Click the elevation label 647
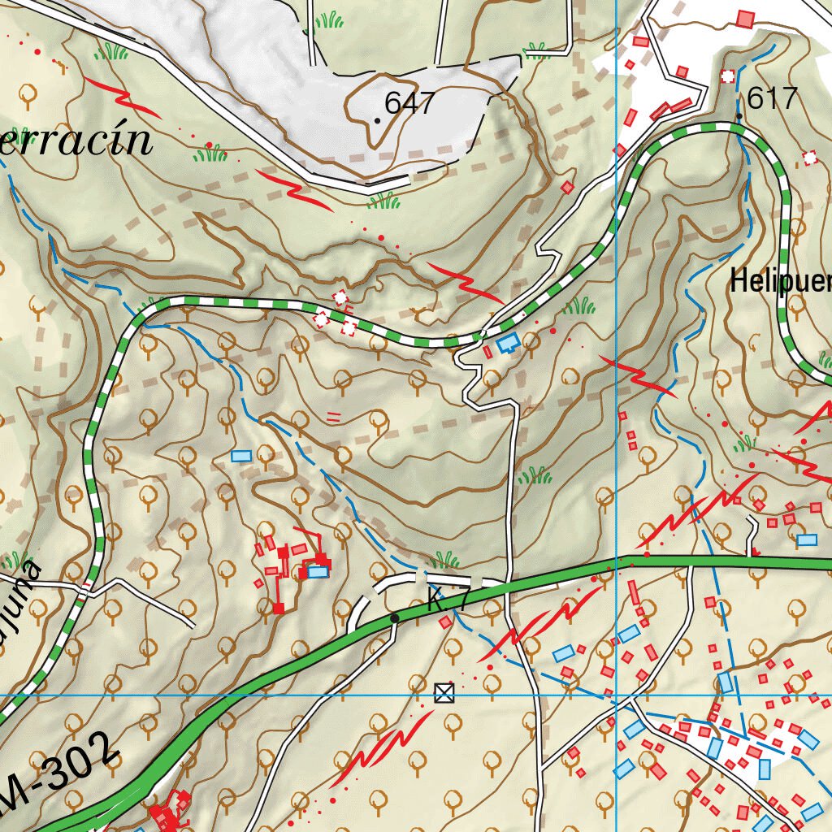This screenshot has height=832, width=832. pos(410,103)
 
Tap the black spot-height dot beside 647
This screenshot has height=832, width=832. pos(378,120)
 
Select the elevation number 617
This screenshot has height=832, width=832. pos(773,99)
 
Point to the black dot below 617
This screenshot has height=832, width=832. pos(739,118)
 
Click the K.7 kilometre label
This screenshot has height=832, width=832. pos(448,602)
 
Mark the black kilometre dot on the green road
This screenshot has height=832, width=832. pos(395,618)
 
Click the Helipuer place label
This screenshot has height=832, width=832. pos(780,281)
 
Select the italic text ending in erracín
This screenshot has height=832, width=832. pos(77,141)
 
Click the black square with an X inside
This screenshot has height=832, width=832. pos(443,693)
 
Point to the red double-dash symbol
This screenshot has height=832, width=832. pos(332,418)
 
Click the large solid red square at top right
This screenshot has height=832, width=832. pos(745,18)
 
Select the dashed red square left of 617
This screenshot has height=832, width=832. pos(727,76)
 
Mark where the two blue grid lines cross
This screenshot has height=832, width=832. pos(617,695)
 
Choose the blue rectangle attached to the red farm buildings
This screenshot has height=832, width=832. pos(318,572)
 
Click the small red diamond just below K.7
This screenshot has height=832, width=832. pos(445,622)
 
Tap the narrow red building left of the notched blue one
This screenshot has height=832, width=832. pos(487,352)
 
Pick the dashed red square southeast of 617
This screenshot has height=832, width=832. pos(809,158)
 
